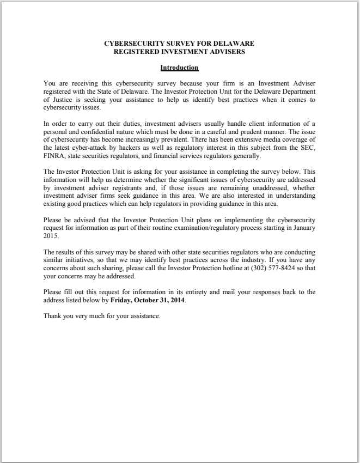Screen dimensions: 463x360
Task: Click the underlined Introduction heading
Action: (x=179, y=68)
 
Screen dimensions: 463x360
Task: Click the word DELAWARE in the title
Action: (x=234, y=42)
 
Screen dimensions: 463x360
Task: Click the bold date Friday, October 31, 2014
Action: (x=148, y=300)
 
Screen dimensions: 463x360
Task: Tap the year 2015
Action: (x=51, y=236)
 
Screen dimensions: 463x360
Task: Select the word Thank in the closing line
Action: (x=52, y=316)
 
